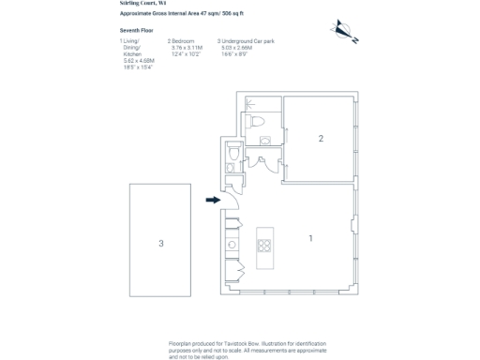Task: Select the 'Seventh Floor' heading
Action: tap(136, 31)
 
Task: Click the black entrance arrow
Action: tap(213, 199)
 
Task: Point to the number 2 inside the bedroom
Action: tap(321, 139)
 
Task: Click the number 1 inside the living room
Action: tap(310, 238)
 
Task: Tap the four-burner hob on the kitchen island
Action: tap(264, 247)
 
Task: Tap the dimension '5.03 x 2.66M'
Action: tap(239, 47)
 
